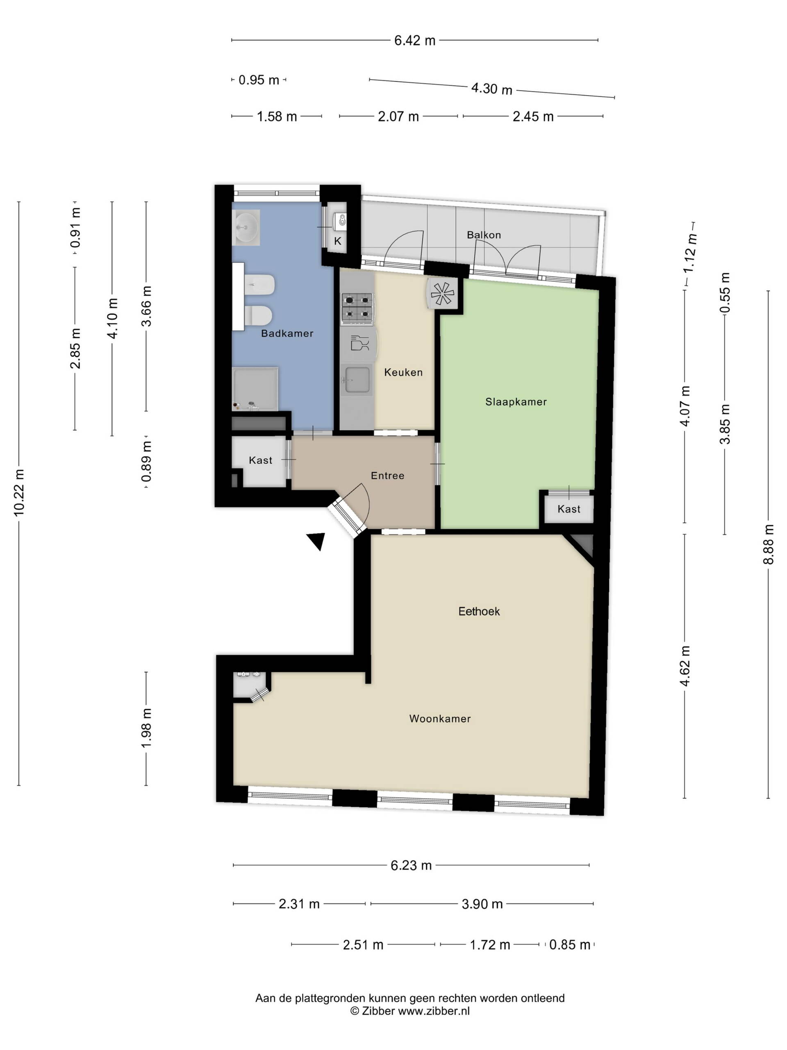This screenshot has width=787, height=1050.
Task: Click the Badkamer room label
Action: (x=287, y=333)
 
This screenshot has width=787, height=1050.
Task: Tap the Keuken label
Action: (x=403, y=372)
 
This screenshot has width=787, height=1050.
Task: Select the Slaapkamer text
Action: (x=516, y=402)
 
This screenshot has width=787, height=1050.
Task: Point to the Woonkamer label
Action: (x=440, y=719)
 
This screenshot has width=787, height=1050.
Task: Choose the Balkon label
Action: (x=483, y=235)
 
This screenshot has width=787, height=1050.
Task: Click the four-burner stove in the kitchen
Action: (x=357, y=309)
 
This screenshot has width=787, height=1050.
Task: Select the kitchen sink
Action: (x=357, y=380)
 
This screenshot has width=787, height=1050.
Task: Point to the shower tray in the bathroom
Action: (x=255, y=388)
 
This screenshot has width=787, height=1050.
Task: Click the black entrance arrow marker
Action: (x=316, y=540)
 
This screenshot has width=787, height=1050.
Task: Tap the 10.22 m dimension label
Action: (x=18, y=492)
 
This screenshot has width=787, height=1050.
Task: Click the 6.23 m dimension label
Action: (x=411, y=865)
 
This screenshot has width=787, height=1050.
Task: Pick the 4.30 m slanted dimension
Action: (x=491, y=89)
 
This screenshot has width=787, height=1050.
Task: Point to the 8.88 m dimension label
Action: (x=768, y=544)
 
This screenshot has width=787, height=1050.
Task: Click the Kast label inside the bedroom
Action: (x=569, y=509)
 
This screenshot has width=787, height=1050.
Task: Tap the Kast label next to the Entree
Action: (x=260, y=460)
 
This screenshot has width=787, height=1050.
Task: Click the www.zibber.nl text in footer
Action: (x=434, y=1011)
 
